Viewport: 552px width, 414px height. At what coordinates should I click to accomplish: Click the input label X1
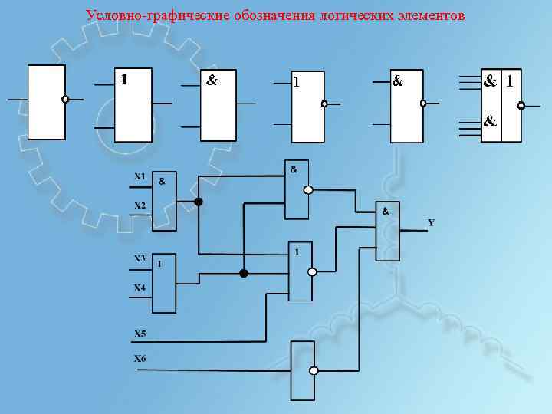click(140, 176)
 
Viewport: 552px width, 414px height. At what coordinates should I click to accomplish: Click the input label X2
click(140, 205)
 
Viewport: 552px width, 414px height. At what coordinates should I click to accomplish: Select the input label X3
click(140, 258)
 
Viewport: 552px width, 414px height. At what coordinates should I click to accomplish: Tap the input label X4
click(140, 287)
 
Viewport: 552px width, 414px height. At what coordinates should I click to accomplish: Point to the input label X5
click(140, 333)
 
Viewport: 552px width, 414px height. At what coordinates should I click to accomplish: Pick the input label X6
click(140, 359)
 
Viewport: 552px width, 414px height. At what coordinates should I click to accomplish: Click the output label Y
click(431, 223)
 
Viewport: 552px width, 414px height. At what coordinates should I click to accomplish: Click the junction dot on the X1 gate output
click(199, 202)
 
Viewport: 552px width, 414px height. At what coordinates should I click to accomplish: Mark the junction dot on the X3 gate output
click(244, 273)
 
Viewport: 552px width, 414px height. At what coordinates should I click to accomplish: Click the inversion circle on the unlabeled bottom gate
click(313, 370)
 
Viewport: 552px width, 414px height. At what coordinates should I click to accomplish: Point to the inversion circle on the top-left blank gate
click(65, 99)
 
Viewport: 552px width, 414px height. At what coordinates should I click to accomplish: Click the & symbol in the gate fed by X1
click(161, 182)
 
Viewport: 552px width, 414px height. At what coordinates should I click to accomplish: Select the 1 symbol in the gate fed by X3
click(159, 264)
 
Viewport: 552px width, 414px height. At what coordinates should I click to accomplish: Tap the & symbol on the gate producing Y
click(386, 210)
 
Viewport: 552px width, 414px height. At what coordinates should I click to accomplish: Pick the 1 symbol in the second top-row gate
click(124, 78)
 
